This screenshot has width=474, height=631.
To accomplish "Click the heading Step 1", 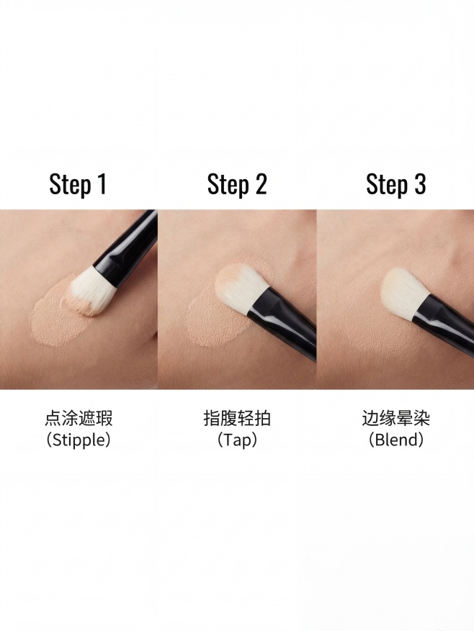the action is coord(78,184).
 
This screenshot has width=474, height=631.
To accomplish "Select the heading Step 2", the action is coord(237,184).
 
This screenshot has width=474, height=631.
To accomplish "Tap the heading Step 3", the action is coord(395,184).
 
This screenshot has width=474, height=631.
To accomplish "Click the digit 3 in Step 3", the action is coord(419,183).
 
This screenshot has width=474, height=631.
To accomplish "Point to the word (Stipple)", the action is coord(79,440).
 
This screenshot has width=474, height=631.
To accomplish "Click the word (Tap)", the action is coord(237,440).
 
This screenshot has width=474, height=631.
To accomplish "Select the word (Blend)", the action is coord(395,440).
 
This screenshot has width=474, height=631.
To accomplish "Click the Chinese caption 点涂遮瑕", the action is coord(79,418).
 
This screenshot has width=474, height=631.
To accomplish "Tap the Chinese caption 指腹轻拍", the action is coord(237,418).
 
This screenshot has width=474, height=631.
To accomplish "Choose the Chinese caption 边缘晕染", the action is coord(395,418).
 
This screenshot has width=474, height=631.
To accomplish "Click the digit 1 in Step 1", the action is coord(101,183).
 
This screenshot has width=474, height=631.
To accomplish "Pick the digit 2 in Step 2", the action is coord(261,183).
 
